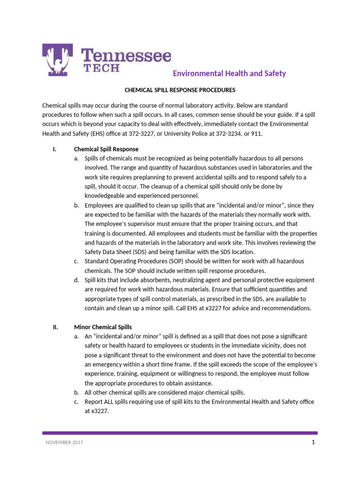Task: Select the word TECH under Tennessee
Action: tap(101, 68)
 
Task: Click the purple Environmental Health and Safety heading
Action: tap(229, 74)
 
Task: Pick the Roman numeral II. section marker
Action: tap(55, 327)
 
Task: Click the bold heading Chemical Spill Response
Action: tap(106, 149)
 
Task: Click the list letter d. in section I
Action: tap(76, 280)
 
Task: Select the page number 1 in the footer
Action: tap(312, 443)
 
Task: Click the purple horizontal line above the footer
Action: tap(180, 433)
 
